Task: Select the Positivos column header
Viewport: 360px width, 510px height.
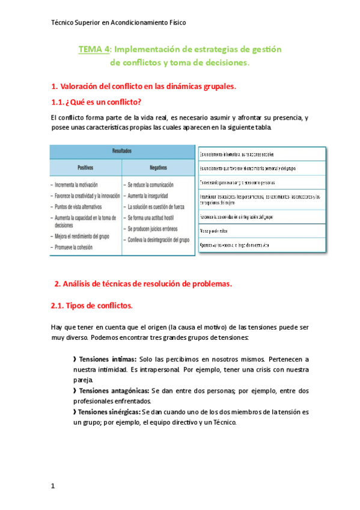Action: (85, 168)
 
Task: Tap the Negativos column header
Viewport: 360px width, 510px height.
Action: (158, 168)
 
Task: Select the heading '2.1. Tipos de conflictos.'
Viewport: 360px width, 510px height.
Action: (92, 306)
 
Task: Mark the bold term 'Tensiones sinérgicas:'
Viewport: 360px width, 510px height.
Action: (109, 412)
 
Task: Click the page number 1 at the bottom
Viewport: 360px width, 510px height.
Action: (53, 486)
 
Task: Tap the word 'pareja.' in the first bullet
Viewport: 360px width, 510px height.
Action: (84, 380)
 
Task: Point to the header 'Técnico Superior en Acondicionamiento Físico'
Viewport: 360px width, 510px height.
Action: (118, 22)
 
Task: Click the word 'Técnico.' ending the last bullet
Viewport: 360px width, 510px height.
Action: (224, 422)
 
